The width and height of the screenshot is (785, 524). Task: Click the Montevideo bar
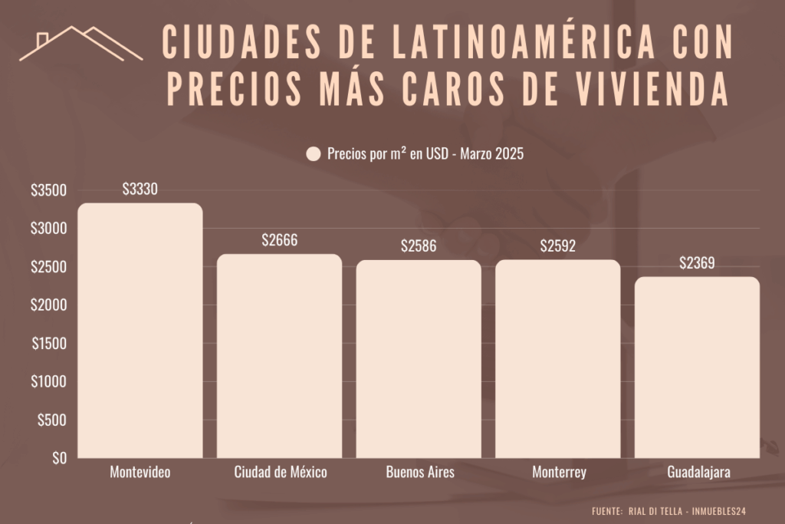(x=140, y=331)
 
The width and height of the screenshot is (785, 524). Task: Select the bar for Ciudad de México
(x=280, y=356)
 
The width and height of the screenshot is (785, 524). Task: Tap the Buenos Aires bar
(x=419, y=359)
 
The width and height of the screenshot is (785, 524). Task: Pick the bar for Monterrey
(x=558, y=359)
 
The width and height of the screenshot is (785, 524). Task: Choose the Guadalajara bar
(x=698, y=367)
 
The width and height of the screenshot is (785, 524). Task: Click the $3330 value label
(x=140, y=189)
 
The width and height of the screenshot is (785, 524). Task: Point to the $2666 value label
(x=280, y=241)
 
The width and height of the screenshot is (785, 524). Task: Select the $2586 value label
(x=419, y=247)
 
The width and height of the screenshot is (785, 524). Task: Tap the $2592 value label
(x=558, y=247)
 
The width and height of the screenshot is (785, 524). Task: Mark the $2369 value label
(x=698, y=264)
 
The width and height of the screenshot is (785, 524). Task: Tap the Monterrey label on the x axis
(x=559, y=473)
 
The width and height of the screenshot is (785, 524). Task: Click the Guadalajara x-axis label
(x=698, y=473)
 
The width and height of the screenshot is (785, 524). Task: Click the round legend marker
(x=313, y=154)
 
